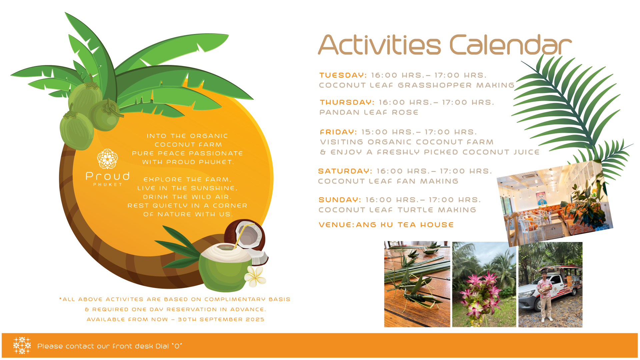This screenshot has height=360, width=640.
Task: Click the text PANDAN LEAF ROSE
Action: point(369,112)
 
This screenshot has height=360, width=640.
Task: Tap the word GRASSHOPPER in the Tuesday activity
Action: point(435,85)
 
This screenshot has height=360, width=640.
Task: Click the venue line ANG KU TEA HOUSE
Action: point(405,225)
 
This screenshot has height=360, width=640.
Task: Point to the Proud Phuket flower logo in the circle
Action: point(107,159)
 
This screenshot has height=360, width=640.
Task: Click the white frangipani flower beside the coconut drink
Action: point(255,276)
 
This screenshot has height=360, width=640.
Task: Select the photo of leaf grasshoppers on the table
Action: point(417,284)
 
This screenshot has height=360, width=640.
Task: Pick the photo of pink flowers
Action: point(484,284)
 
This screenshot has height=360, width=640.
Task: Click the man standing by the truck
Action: point(545,296)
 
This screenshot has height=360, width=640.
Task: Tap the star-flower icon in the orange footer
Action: point(22,345)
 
